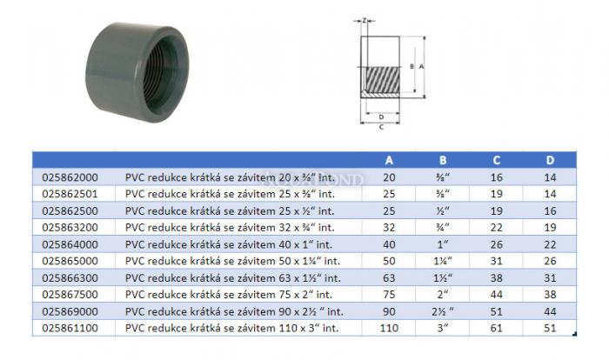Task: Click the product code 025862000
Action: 70,177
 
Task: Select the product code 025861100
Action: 70,328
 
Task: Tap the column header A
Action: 389,160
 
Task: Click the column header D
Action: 550,160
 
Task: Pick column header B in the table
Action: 443,160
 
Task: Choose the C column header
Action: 497,160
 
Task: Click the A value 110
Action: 389,328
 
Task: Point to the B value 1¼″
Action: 443,261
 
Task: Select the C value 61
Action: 497,328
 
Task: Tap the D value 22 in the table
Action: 550,244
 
